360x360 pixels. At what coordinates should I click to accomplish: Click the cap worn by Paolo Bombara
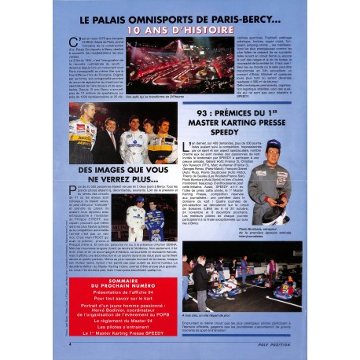coord(274,148)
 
